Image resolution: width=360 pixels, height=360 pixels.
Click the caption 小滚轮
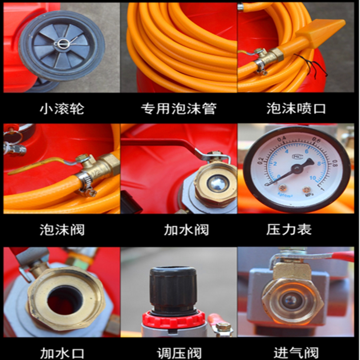click(x=62, y=108)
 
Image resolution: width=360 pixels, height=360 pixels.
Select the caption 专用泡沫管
click(x=179, y=108)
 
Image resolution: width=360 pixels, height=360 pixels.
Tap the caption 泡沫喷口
click(x=296, y=108)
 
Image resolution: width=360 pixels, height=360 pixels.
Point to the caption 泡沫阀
click(x=62, y=229)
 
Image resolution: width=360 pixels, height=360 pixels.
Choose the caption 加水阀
click(x=186, y=229)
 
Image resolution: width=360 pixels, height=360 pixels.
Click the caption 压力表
click(x=289, y=229)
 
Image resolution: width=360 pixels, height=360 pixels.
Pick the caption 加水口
click(x=62, y=353)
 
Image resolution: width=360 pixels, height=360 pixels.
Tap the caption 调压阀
click(x=179, y=353)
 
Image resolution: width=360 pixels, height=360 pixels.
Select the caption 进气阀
click(x=296, y=353)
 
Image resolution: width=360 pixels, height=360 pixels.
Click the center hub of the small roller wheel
click(x=62, y=43)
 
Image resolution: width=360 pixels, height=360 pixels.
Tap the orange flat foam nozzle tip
click(x=321, y=31)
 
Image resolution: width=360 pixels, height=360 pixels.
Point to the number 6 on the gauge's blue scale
click(x=306, y=152)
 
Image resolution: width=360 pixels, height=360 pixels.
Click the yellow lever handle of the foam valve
click(x=36, y=166)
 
